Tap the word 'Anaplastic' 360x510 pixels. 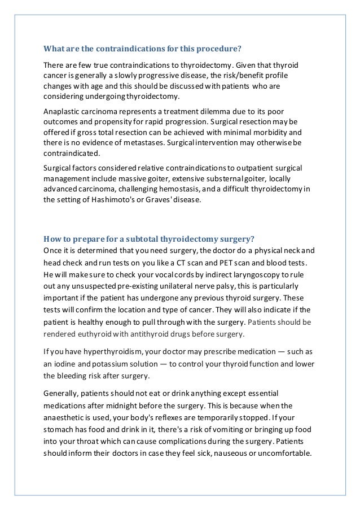pos(63,112)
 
